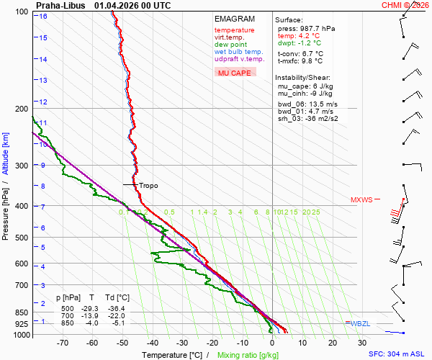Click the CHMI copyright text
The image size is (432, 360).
405,5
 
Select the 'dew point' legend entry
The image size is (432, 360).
231,45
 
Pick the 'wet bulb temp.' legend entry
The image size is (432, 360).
238,52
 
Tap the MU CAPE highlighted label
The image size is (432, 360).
234,73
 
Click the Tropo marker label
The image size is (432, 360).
148,185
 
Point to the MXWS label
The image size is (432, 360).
361,199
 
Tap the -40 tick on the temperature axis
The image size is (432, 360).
152,343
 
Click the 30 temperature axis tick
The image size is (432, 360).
362,343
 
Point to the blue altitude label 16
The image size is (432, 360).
44,16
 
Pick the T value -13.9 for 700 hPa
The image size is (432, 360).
91,316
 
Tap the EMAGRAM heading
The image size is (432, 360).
234,19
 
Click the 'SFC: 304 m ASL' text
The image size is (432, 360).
397,354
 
